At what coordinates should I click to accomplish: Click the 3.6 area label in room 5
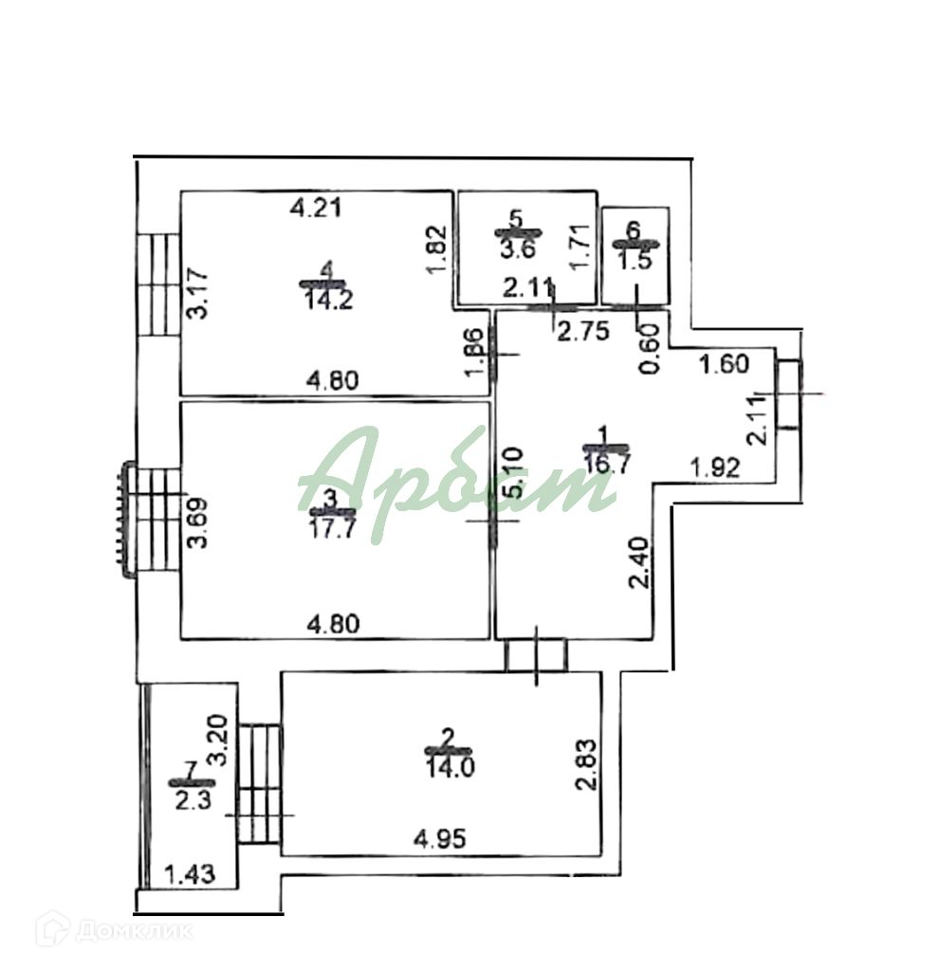pyautogui.click(x=516, y=250)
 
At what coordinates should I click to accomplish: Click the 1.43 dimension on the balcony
pyautogui.click(x=190, y=873)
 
